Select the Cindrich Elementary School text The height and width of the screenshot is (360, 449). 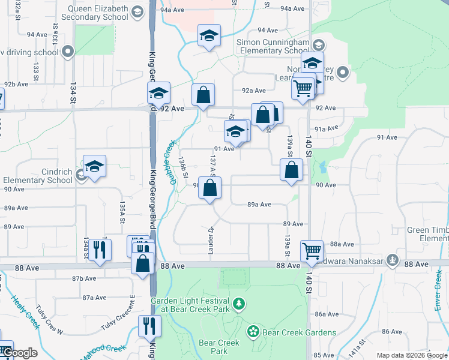[x=37, y=175]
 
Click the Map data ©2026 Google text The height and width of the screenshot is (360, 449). [x=412, y=355]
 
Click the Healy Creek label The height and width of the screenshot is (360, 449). [x=25, y=311]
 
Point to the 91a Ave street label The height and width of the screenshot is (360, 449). [x=327, y=128]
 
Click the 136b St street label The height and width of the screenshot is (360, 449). [x=183, y=167]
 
